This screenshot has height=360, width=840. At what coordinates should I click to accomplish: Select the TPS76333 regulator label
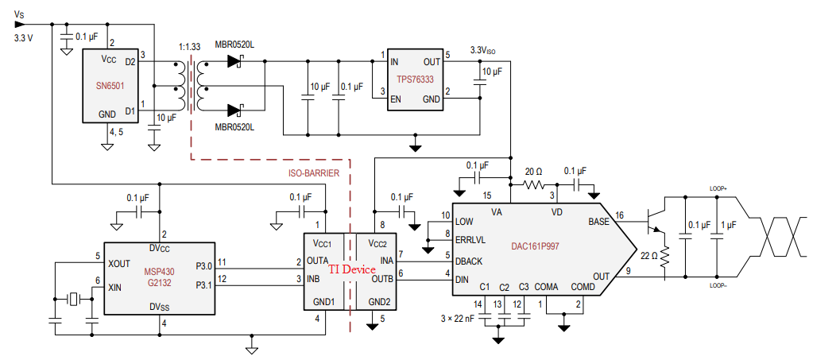tap(416, 79)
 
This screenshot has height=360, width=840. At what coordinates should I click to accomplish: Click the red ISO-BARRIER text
tap(314, 172)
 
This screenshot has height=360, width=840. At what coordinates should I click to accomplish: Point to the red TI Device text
tap(352, 269)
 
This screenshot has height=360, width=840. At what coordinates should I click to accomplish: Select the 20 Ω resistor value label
tap(535, 171)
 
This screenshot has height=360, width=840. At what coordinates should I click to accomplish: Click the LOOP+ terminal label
tap(719, 189)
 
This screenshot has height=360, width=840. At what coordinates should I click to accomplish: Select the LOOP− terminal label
tap(719, 284)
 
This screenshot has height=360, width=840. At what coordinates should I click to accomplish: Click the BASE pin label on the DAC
tap(599, 222)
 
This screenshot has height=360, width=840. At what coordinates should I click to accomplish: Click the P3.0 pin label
tap(203, 266)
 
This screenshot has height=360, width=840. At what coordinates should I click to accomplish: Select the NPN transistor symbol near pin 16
tap(656, 222)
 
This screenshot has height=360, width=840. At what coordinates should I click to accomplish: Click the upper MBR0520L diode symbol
tap(234, 60)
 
